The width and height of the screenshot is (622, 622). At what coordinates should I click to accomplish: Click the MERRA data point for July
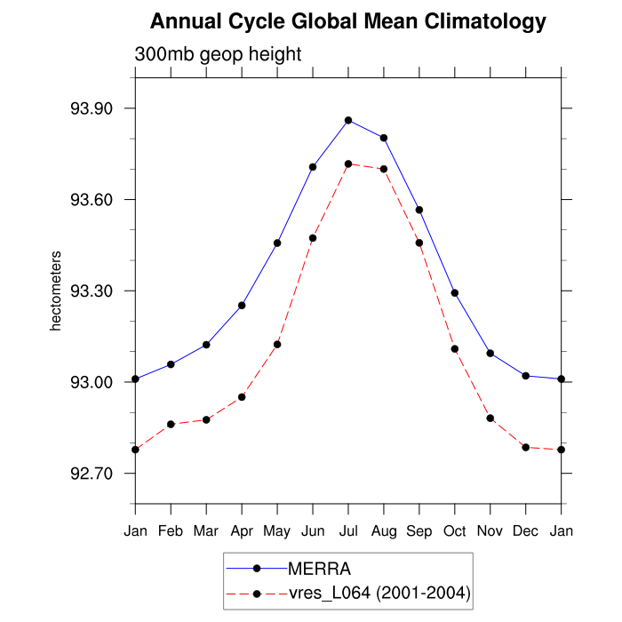pos(348,120)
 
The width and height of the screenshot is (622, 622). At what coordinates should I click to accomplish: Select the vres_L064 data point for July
pos(348,163)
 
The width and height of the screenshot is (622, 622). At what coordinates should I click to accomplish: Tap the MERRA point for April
pos(242,306)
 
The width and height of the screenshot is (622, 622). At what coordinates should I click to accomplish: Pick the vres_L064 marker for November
pos(490,419)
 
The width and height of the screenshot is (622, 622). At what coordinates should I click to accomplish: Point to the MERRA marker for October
pos(455,293)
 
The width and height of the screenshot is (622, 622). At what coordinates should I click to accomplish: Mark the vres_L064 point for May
pos(277,345)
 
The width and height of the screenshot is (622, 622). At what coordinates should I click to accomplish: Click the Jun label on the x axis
pos(313,531)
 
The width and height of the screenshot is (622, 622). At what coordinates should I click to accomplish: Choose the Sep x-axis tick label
pos(419,531)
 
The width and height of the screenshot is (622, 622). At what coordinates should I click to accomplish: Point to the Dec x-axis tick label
pos(526,531)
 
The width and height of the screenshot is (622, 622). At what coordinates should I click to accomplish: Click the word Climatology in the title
pos(477,21)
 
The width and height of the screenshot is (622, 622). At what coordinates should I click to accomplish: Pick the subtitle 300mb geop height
pos(219,54)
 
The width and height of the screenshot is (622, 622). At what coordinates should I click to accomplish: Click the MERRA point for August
pos(384,138)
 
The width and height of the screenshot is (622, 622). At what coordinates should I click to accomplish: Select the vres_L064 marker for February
pos(171,425)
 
